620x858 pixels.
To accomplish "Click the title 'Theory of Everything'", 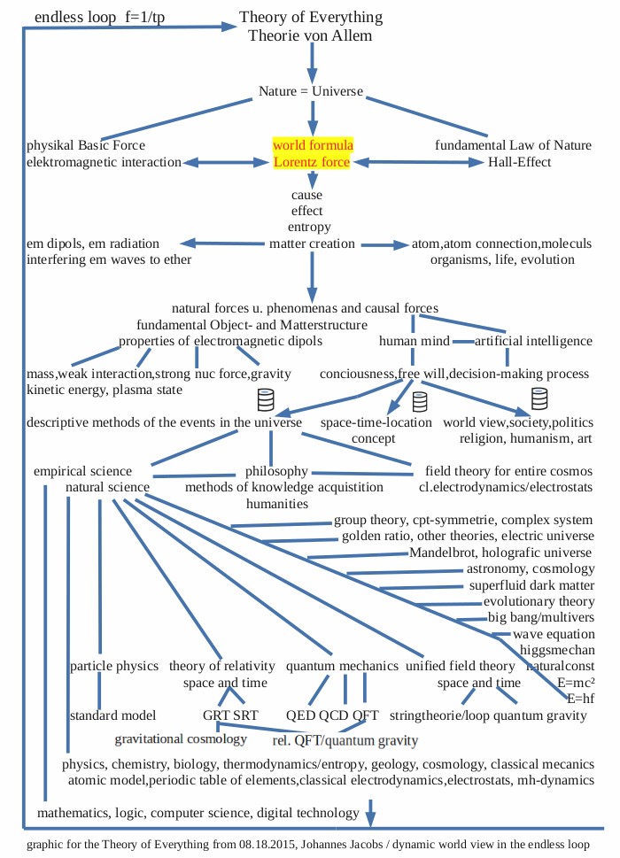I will click(x=311, y=18).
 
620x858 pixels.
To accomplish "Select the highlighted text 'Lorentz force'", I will click(x=312, y=162).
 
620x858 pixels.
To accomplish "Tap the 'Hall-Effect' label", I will click(x=520, y=162).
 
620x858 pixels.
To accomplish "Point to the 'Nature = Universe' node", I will click(x=311, y=91).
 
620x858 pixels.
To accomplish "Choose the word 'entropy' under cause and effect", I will click(x=309, y=227).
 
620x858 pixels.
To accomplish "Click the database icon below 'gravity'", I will click(x=264, y=399).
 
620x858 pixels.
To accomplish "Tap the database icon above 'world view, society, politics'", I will click(x=539, y=398).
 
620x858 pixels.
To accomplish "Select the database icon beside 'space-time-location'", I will click(x=420, y=401).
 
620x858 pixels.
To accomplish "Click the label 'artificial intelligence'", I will click(x=534, y=341).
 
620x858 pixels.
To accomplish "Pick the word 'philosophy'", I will click(x=276, y=471).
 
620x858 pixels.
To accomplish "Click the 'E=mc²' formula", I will click(x=576, y=683).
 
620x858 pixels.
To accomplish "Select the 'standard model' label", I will click(x=112, y=715).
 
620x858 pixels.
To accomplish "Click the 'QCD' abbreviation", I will click(x=334, y=715).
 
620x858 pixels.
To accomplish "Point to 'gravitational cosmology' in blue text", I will click(x=181, y=738).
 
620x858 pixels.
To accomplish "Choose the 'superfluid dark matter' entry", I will click(x=531, y=585).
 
